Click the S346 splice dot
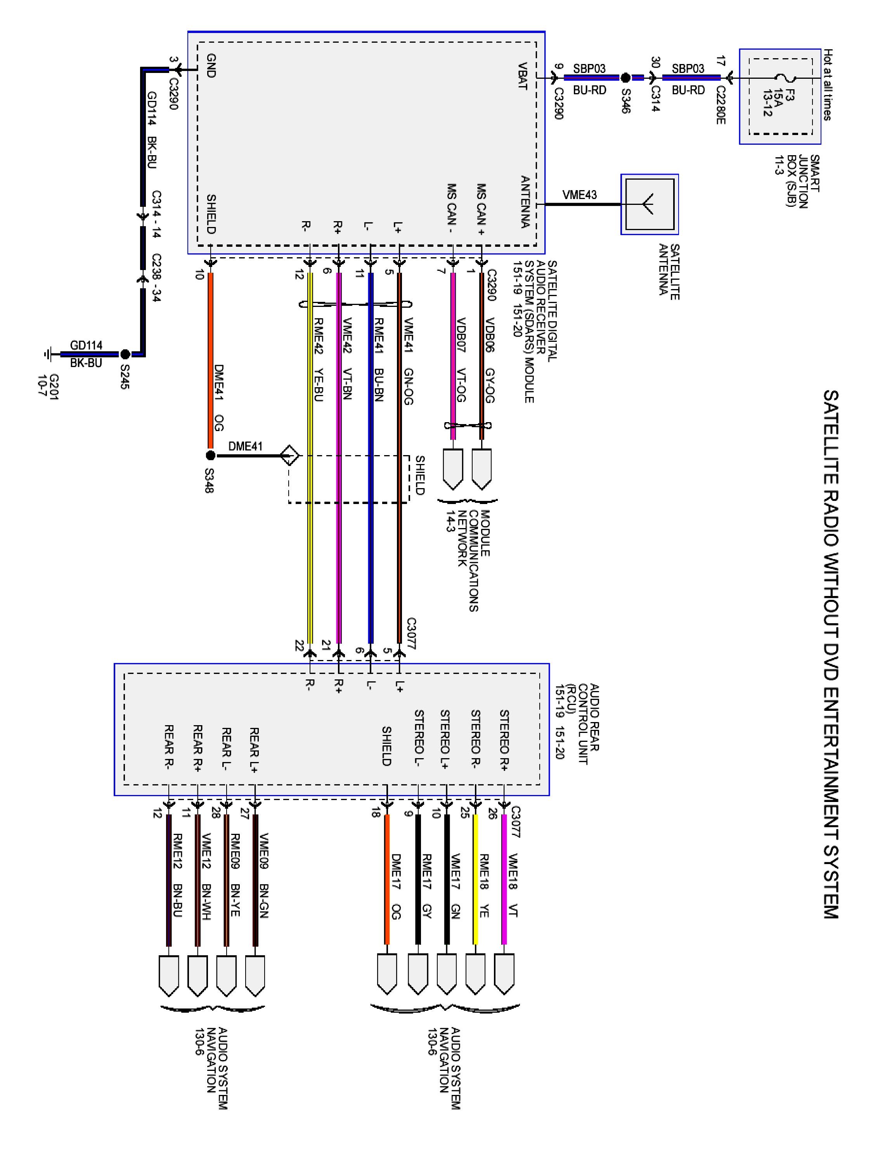tap(625, 78)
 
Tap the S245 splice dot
tap(125, 354)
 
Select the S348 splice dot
tap(210, 455)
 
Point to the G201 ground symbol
tap(49, 354)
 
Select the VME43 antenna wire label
tap(579, 195)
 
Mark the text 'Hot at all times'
tap(828, 85)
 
